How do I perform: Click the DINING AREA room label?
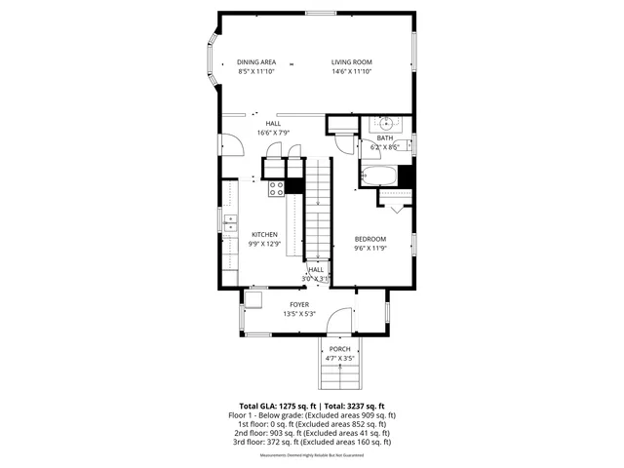(x=256, y=62)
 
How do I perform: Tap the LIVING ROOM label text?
(x=352, y=62)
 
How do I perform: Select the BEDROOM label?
(x=370, y=239)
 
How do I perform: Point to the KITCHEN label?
(x=265, y=234)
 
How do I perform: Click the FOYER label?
(x=298, y=304)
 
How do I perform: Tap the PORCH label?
(x=339, y=349)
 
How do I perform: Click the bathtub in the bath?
(x=377, y=177)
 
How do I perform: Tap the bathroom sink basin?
(x=387, y=124)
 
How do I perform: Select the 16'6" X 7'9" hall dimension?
(x=273, y=133)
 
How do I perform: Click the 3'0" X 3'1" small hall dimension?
(x=318, y=278)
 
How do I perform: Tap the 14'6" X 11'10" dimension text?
(x=352, y=71)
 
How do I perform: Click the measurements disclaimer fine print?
(x=312, y=454)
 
